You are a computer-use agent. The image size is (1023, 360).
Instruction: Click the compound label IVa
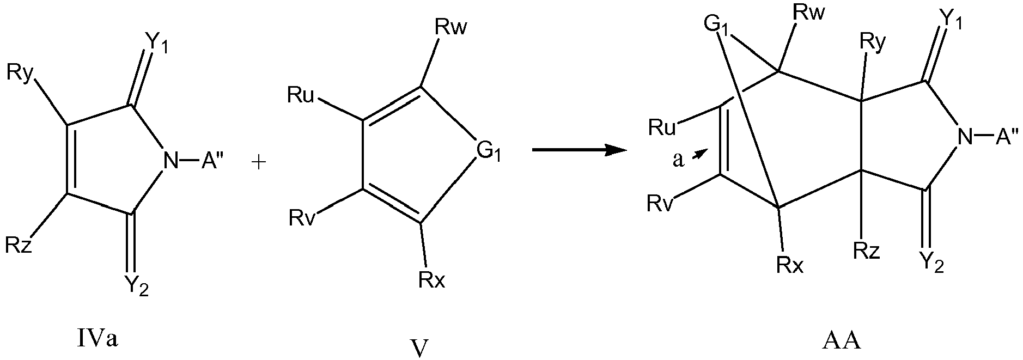click(x=98, y=340)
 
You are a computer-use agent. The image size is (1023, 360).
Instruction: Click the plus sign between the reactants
click(x=260, y=163)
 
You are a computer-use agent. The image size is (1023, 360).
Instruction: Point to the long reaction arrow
click(x=578, y=149)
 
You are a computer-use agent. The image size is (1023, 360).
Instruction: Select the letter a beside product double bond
click(x=678, y=161)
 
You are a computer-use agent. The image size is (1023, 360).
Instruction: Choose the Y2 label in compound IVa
click(x=136, y=285)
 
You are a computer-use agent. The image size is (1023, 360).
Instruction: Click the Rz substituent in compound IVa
click(x=20, y=246)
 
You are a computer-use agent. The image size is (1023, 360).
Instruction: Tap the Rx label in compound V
click(x=432, y=280)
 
